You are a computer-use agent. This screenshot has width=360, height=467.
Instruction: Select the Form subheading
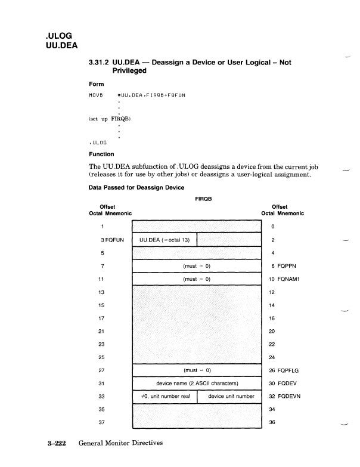point(96,84)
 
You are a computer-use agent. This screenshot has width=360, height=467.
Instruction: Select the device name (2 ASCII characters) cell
point(196,384)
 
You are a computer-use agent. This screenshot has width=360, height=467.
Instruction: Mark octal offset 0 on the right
point(272,227)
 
